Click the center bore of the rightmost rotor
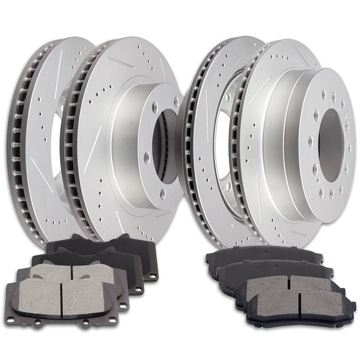click(329, 145)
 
